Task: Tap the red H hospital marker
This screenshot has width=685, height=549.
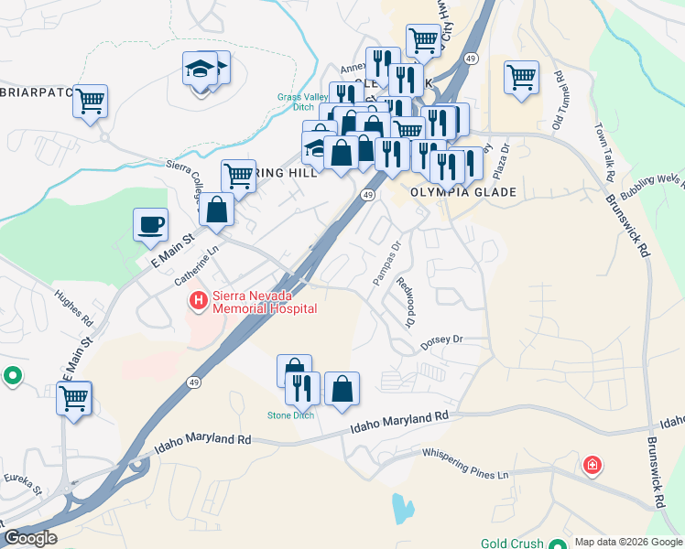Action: coord(196,299)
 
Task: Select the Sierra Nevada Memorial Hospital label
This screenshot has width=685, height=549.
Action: coord(264,302)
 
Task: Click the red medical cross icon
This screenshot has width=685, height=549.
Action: coord(593,466)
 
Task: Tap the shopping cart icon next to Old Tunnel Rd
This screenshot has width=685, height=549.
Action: coord(521,77)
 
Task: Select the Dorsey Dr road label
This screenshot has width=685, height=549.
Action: coord(442,340)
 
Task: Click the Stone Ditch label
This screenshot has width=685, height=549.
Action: coord(290,415)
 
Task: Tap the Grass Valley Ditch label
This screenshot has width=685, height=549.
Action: coord(296,102)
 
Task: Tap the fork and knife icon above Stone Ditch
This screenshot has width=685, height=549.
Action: coord(300,387)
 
